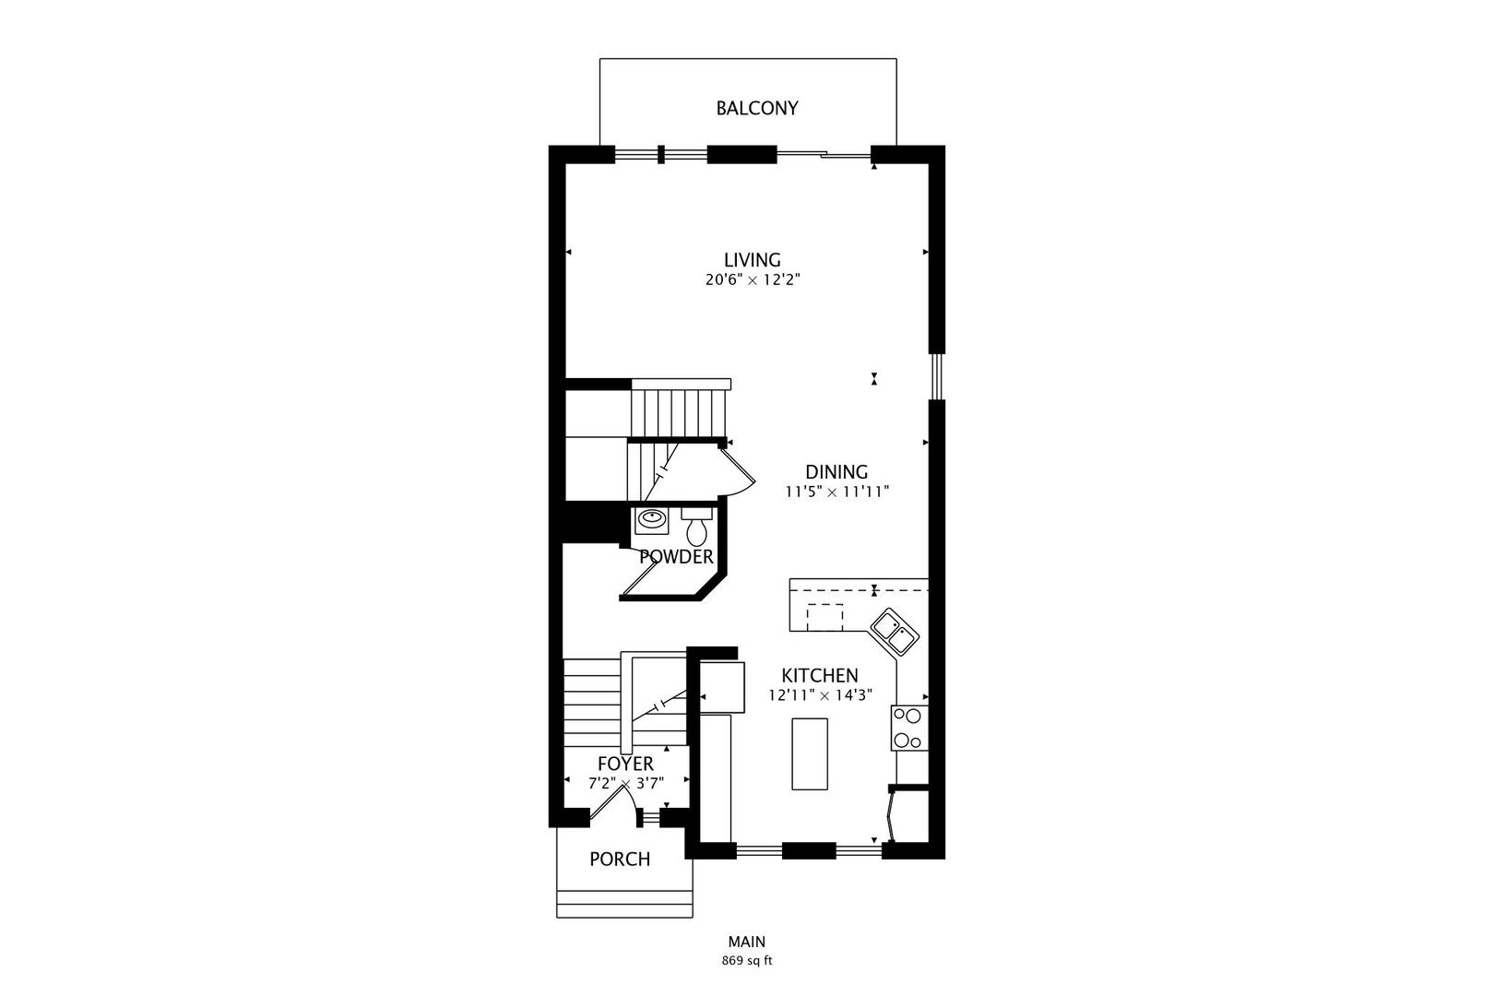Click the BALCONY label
point(757,108)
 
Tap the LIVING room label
point(752,260)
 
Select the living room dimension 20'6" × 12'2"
point(752,280)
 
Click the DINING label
point(836,472)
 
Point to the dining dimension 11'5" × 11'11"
point(836,492)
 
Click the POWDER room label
point(676,557)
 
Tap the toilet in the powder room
point(696,528)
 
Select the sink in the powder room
point(652,520)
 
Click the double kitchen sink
point(894,632)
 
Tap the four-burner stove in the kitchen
point(909,728)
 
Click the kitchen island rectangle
point(810,753)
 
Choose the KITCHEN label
point(820,676)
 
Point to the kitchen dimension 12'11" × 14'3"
point(820,696)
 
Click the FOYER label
point(625,764)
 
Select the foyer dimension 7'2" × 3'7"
point(626,784)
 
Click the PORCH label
point(620,860)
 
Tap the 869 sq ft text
point(746,961)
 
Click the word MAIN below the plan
point(746,943)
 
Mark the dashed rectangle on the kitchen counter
point(824,617)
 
